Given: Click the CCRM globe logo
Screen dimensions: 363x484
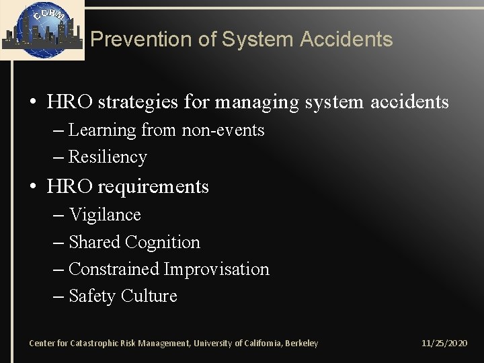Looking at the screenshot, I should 42,30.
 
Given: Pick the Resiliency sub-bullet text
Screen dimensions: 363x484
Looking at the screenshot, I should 108,157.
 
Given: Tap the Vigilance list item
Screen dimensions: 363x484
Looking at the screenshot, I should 105,214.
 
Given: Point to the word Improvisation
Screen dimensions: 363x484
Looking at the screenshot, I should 216,269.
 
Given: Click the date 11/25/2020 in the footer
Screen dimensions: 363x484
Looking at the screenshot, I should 444,344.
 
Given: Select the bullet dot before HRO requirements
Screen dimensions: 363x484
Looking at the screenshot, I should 33,187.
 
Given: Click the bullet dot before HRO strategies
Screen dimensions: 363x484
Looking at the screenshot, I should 33,103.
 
